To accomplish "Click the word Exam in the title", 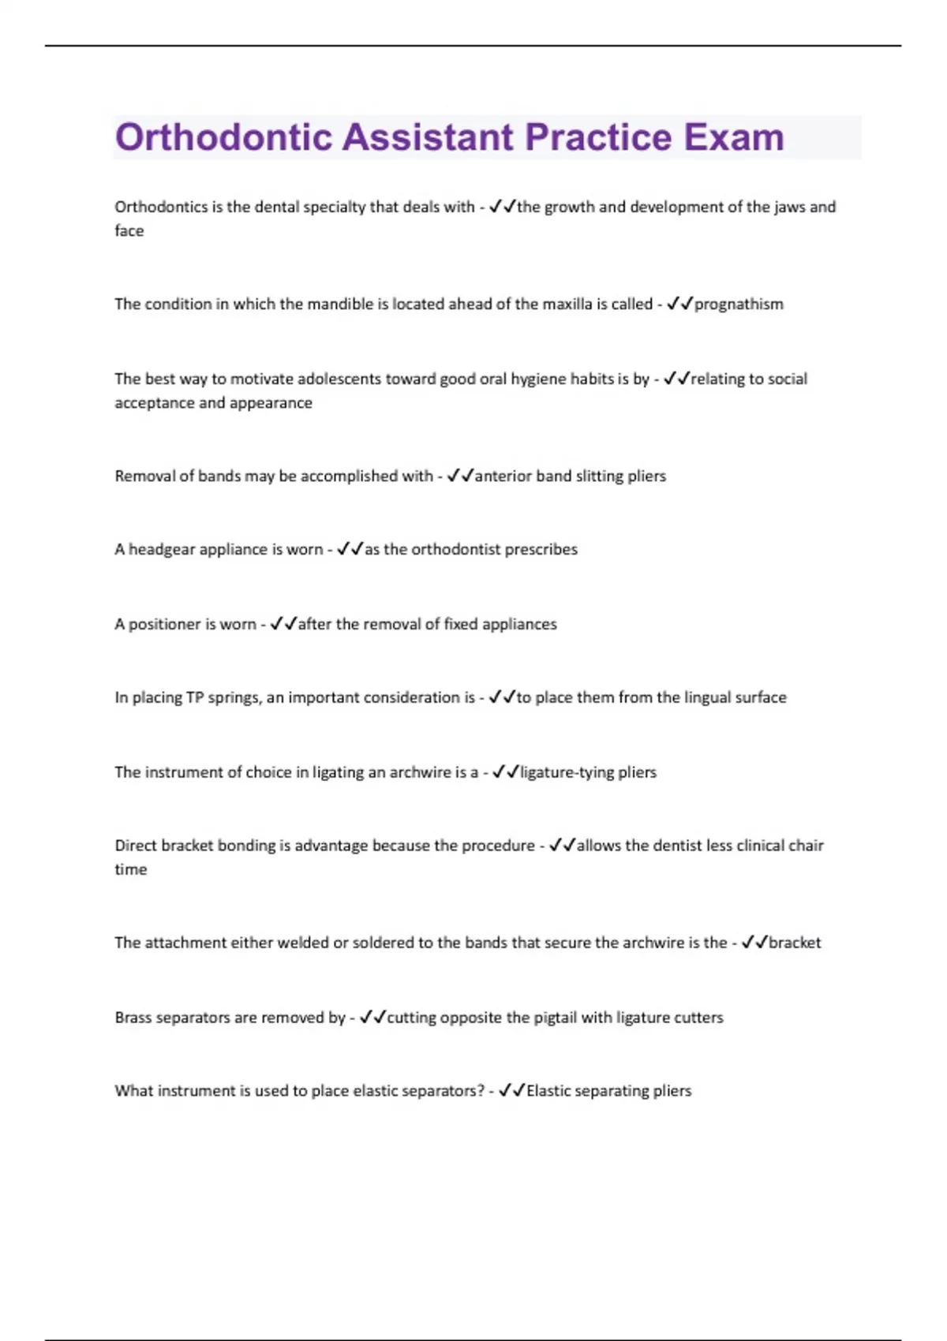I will (733, 137).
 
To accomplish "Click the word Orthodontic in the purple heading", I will (223, 137).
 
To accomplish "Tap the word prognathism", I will (739, 304).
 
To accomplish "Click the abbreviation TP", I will (194, 698).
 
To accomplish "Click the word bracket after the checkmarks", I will (795, 943).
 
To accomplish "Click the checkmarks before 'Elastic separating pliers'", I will (512, 1091).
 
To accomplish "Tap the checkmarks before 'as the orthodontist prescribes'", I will (350, 550).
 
